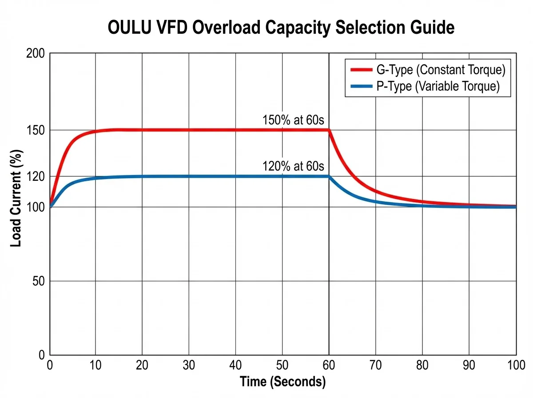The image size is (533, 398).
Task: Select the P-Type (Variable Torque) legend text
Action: click(438, 87)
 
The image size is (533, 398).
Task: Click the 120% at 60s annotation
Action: click(294, 167)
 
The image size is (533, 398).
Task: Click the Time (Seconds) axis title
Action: click(282, 382)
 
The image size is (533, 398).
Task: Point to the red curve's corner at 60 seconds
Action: click(329, 130)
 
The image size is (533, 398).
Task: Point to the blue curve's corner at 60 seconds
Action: click(329, 176)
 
